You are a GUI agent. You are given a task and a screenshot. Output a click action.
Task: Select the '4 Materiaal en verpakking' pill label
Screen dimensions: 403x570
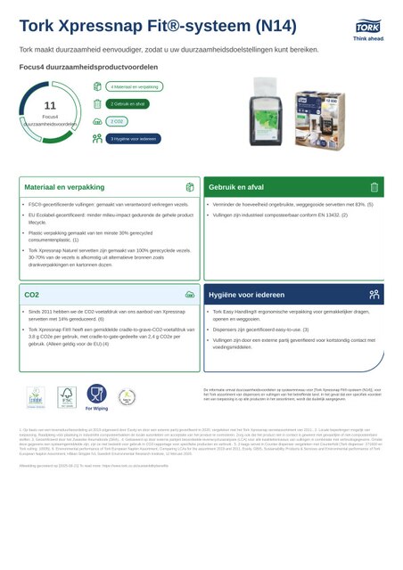(x=135, y=87)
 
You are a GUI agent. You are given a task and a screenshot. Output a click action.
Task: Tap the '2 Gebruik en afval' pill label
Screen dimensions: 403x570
(x=128, y=104)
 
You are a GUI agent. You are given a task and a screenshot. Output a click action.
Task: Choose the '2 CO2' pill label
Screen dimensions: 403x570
(x=116, y=121)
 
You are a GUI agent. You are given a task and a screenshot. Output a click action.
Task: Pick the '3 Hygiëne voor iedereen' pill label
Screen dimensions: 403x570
(x=135, y=139)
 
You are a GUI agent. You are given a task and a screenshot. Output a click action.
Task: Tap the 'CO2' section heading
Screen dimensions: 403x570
(x=31, y=294)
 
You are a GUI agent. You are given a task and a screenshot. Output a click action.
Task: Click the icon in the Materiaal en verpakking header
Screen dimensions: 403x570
(x=190, y=188)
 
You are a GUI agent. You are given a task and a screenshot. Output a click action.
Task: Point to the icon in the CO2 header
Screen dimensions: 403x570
(x=190, y=294)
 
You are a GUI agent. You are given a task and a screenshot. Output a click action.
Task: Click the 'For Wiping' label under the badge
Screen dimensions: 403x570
(x=96, y=410)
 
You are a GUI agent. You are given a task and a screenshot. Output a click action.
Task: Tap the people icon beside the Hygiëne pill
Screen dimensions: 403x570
(x=97, y=139)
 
